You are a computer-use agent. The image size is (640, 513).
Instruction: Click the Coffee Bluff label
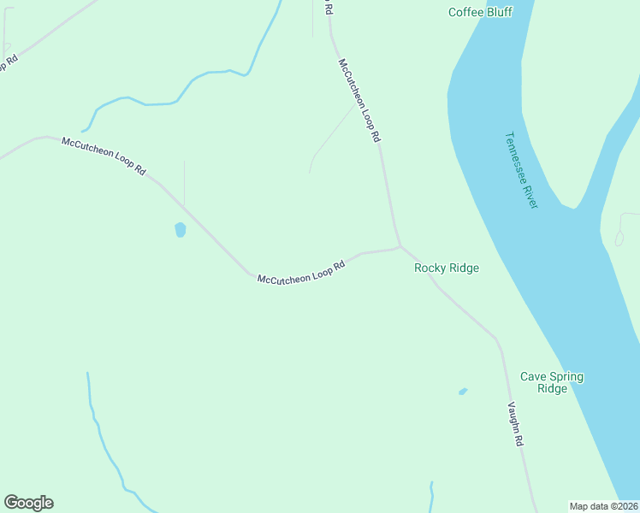(481, 12)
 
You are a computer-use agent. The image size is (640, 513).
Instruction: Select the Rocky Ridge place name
(447, 268)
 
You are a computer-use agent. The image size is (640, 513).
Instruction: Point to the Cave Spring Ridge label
(552, 382)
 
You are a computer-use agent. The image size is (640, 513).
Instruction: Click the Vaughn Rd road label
(515, 425)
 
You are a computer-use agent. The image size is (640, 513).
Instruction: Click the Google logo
(28, 503)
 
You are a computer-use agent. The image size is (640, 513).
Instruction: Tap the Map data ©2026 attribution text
(604, 506)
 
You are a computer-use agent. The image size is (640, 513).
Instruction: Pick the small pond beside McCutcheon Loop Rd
(180, 229)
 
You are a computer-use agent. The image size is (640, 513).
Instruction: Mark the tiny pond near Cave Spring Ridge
(463, 392)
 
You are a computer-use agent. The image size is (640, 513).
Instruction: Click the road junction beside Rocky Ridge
(400, 247)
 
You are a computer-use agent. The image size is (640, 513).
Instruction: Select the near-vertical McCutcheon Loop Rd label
(359, 99)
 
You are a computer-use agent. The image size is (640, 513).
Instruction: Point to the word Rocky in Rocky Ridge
(430, 268)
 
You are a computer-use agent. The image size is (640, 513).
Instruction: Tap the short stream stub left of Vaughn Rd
(432, 496)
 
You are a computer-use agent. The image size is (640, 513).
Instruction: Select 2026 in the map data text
(624, 506)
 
